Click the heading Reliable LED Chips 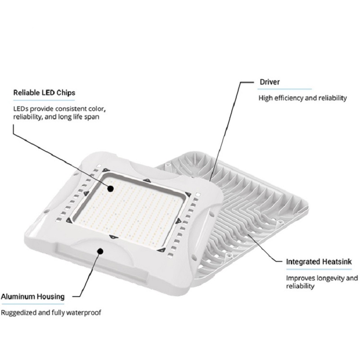(44, 93)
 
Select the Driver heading (270, 82)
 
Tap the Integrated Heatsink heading (319, 262)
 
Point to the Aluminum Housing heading (32, 297)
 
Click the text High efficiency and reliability (302, 98)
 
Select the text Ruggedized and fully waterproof (51, 313)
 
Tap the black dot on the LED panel (111, 189)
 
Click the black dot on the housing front (100, 251)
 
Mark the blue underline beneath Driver (284, 89)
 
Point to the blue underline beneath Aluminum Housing (32, 304)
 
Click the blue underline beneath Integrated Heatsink (319, 269)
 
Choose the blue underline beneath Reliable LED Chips (44, 100)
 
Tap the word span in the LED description (92, 117)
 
